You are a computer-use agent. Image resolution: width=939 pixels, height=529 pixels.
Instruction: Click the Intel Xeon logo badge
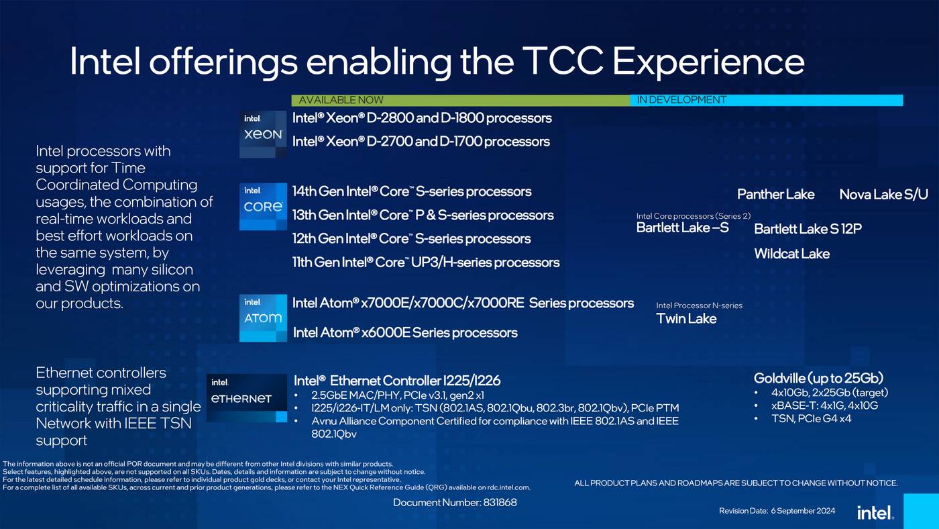coord(263,134)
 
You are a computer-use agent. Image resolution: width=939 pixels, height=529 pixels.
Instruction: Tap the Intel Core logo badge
coord(263,206)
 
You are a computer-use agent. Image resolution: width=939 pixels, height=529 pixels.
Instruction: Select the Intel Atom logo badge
coord(263,318)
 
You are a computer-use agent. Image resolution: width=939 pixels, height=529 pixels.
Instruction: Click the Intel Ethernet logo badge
coord(247,397)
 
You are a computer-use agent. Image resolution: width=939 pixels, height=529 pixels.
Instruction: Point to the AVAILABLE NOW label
coord(341,100)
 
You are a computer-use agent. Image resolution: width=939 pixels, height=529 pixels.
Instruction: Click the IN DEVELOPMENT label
coord(681,100)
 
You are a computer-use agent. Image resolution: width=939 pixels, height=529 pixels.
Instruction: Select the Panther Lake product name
coord(775,194)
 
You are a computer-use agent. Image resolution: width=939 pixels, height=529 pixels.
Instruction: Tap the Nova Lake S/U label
coord(883,194)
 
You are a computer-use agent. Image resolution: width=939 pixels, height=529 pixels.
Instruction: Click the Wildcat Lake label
coord(791,253)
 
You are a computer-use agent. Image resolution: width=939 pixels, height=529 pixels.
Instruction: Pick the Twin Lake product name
coord(685,318)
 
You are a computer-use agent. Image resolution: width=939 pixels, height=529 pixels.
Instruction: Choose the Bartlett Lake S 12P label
coord(808,229)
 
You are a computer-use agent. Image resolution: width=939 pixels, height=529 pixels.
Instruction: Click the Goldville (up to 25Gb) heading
coord(818,379)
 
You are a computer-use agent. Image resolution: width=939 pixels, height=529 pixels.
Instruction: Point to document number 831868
coord(455,502)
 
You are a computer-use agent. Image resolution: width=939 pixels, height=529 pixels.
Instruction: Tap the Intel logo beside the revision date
coord(875,512)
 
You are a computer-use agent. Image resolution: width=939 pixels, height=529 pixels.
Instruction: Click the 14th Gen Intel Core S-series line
coord(412,191)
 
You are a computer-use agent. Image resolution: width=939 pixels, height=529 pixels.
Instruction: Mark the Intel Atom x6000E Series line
coord(405,333)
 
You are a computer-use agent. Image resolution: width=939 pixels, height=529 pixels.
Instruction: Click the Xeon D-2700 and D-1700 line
coord(421,142)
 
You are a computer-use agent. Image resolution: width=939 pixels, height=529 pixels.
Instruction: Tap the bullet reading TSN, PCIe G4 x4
coord(811,418)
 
